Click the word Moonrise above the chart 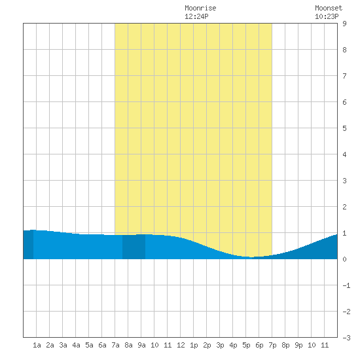tap(200, 8)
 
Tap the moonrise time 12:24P tap(196, 16)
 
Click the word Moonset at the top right tap(329, 8)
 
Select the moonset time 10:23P tap(327, 16)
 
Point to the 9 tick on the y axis tap(344, 24)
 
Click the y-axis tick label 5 tap(344, 128)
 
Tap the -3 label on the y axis tap(346, 338)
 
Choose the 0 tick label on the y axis tap(344, 259)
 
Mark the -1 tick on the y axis tap(346, 285)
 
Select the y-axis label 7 tap(344, 76)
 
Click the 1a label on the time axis tap(37, 345)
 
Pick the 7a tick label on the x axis tap(115, 345)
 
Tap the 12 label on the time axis tap(181, 345)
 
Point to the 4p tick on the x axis tap(233, 345)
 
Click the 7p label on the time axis tap(272, 345)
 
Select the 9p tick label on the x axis tap(298, 345)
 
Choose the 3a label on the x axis tap(63, 345)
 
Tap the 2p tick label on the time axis tap(207, 345)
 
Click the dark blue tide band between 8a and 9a tap(134, 247)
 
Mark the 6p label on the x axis tap(259, 345)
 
